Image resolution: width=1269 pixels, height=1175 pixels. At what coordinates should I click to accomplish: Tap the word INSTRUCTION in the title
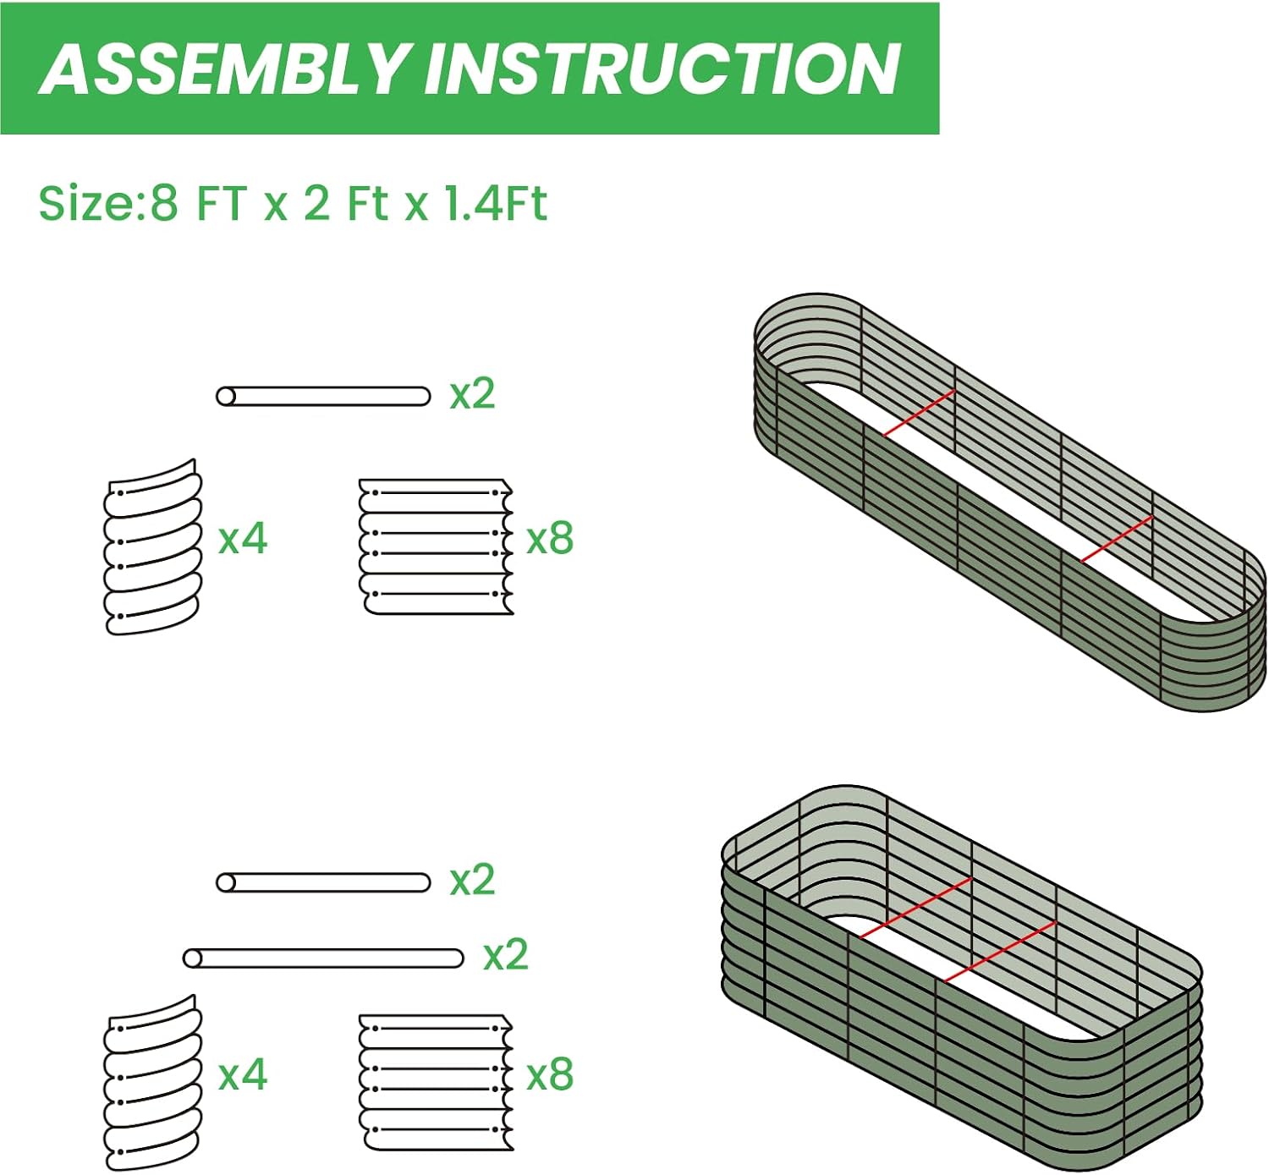662,69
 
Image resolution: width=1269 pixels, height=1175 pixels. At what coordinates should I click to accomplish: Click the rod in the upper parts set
323,396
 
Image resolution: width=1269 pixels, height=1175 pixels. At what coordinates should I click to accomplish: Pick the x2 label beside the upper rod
472,394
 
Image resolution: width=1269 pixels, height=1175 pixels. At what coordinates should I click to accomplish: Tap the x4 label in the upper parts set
243,539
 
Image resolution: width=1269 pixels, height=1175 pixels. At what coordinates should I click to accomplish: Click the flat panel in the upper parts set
436,546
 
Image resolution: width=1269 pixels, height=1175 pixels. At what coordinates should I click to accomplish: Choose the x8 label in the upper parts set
550,539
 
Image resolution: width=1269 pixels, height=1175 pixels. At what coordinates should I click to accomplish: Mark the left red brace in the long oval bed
919,413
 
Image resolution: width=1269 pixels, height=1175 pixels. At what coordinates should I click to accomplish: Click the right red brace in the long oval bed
1117,539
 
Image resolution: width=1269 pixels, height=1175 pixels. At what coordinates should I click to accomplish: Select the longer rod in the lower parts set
323,958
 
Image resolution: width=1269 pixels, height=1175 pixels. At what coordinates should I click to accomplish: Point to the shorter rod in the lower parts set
323,883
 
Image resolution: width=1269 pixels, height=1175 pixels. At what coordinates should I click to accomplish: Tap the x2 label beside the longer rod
505,956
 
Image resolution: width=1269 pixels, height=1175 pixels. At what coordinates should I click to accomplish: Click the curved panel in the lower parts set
153,1083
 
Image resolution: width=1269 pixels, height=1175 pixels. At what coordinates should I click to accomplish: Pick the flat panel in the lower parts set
436,1083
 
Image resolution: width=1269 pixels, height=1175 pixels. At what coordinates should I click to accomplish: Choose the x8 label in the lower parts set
550,1075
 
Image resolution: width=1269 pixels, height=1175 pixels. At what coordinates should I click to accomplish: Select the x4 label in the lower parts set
243,1075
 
